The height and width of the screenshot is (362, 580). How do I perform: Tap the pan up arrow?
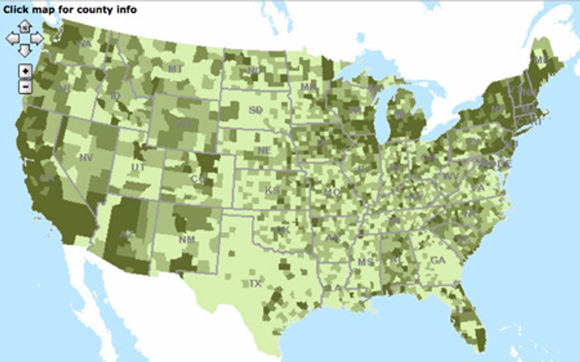tap(24, 26)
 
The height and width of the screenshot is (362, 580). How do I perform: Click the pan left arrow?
tap(12, 39)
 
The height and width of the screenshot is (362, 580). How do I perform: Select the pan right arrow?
tap(37, 39)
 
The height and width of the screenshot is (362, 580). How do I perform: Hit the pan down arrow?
tap(24, 51)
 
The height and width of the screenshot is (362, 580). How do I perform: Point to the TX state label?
tap(255, 284)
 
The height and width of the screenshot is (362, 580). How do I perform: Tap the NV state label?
tap(85, 157)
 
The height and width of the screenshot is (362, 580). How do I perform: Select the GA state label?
tap(437, 260)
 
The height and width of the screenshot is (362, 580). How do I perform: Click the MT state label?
tap(175, 69)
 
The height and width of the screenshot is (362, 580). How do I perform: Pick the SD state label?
tap(256, 110)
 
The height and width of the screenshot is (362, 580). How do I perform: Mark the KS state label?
tap(272, 190)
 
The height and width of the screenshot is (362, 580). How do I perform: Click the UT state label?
tap(137, 168)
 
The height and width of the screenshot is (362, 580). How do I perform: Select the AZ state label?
tap(124, 234)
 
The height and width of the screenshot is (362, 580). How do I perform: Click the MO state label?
tap(332, 192)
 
